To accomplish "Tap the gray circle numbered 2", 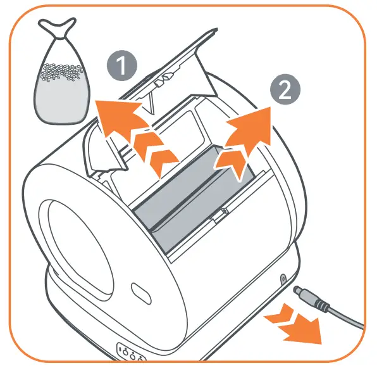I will [285, 90].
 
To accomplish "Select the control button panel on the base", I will [128, 352].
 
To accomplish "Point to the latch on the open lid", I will [163, 80].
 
